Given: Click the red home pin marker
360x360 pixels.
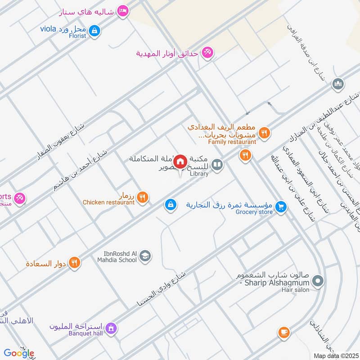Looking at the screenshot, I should pos(180,162).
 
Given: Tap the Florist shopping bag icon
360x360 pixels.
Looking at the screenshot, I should pos(94,31).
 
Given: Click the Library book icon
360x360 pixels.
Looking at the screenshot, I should pos(217,165).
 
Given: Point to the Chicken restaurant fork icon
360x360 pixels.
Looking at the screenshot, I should pos(143,197).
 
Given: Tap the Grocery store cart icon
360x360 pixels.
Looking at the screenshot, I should pos(281,207).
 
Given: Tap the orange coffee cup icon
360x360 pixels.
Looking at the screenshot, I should pos(283,333).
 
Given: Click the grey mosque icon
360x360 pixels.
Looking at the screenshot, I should pos(337,84).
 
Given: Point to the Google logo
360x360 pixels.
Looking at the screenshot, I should pos(19,353).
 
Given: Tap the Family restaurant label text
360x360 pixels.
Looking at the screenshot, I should pos(232,142).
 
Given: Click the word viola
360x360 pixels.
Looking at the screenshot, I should pos(48,29).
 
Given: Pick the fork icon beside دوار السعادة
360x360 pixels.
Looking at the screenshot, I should pos(75,262).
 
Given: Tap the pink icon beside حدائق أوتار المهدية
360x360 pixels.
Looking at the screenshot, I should pos(207,53).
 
